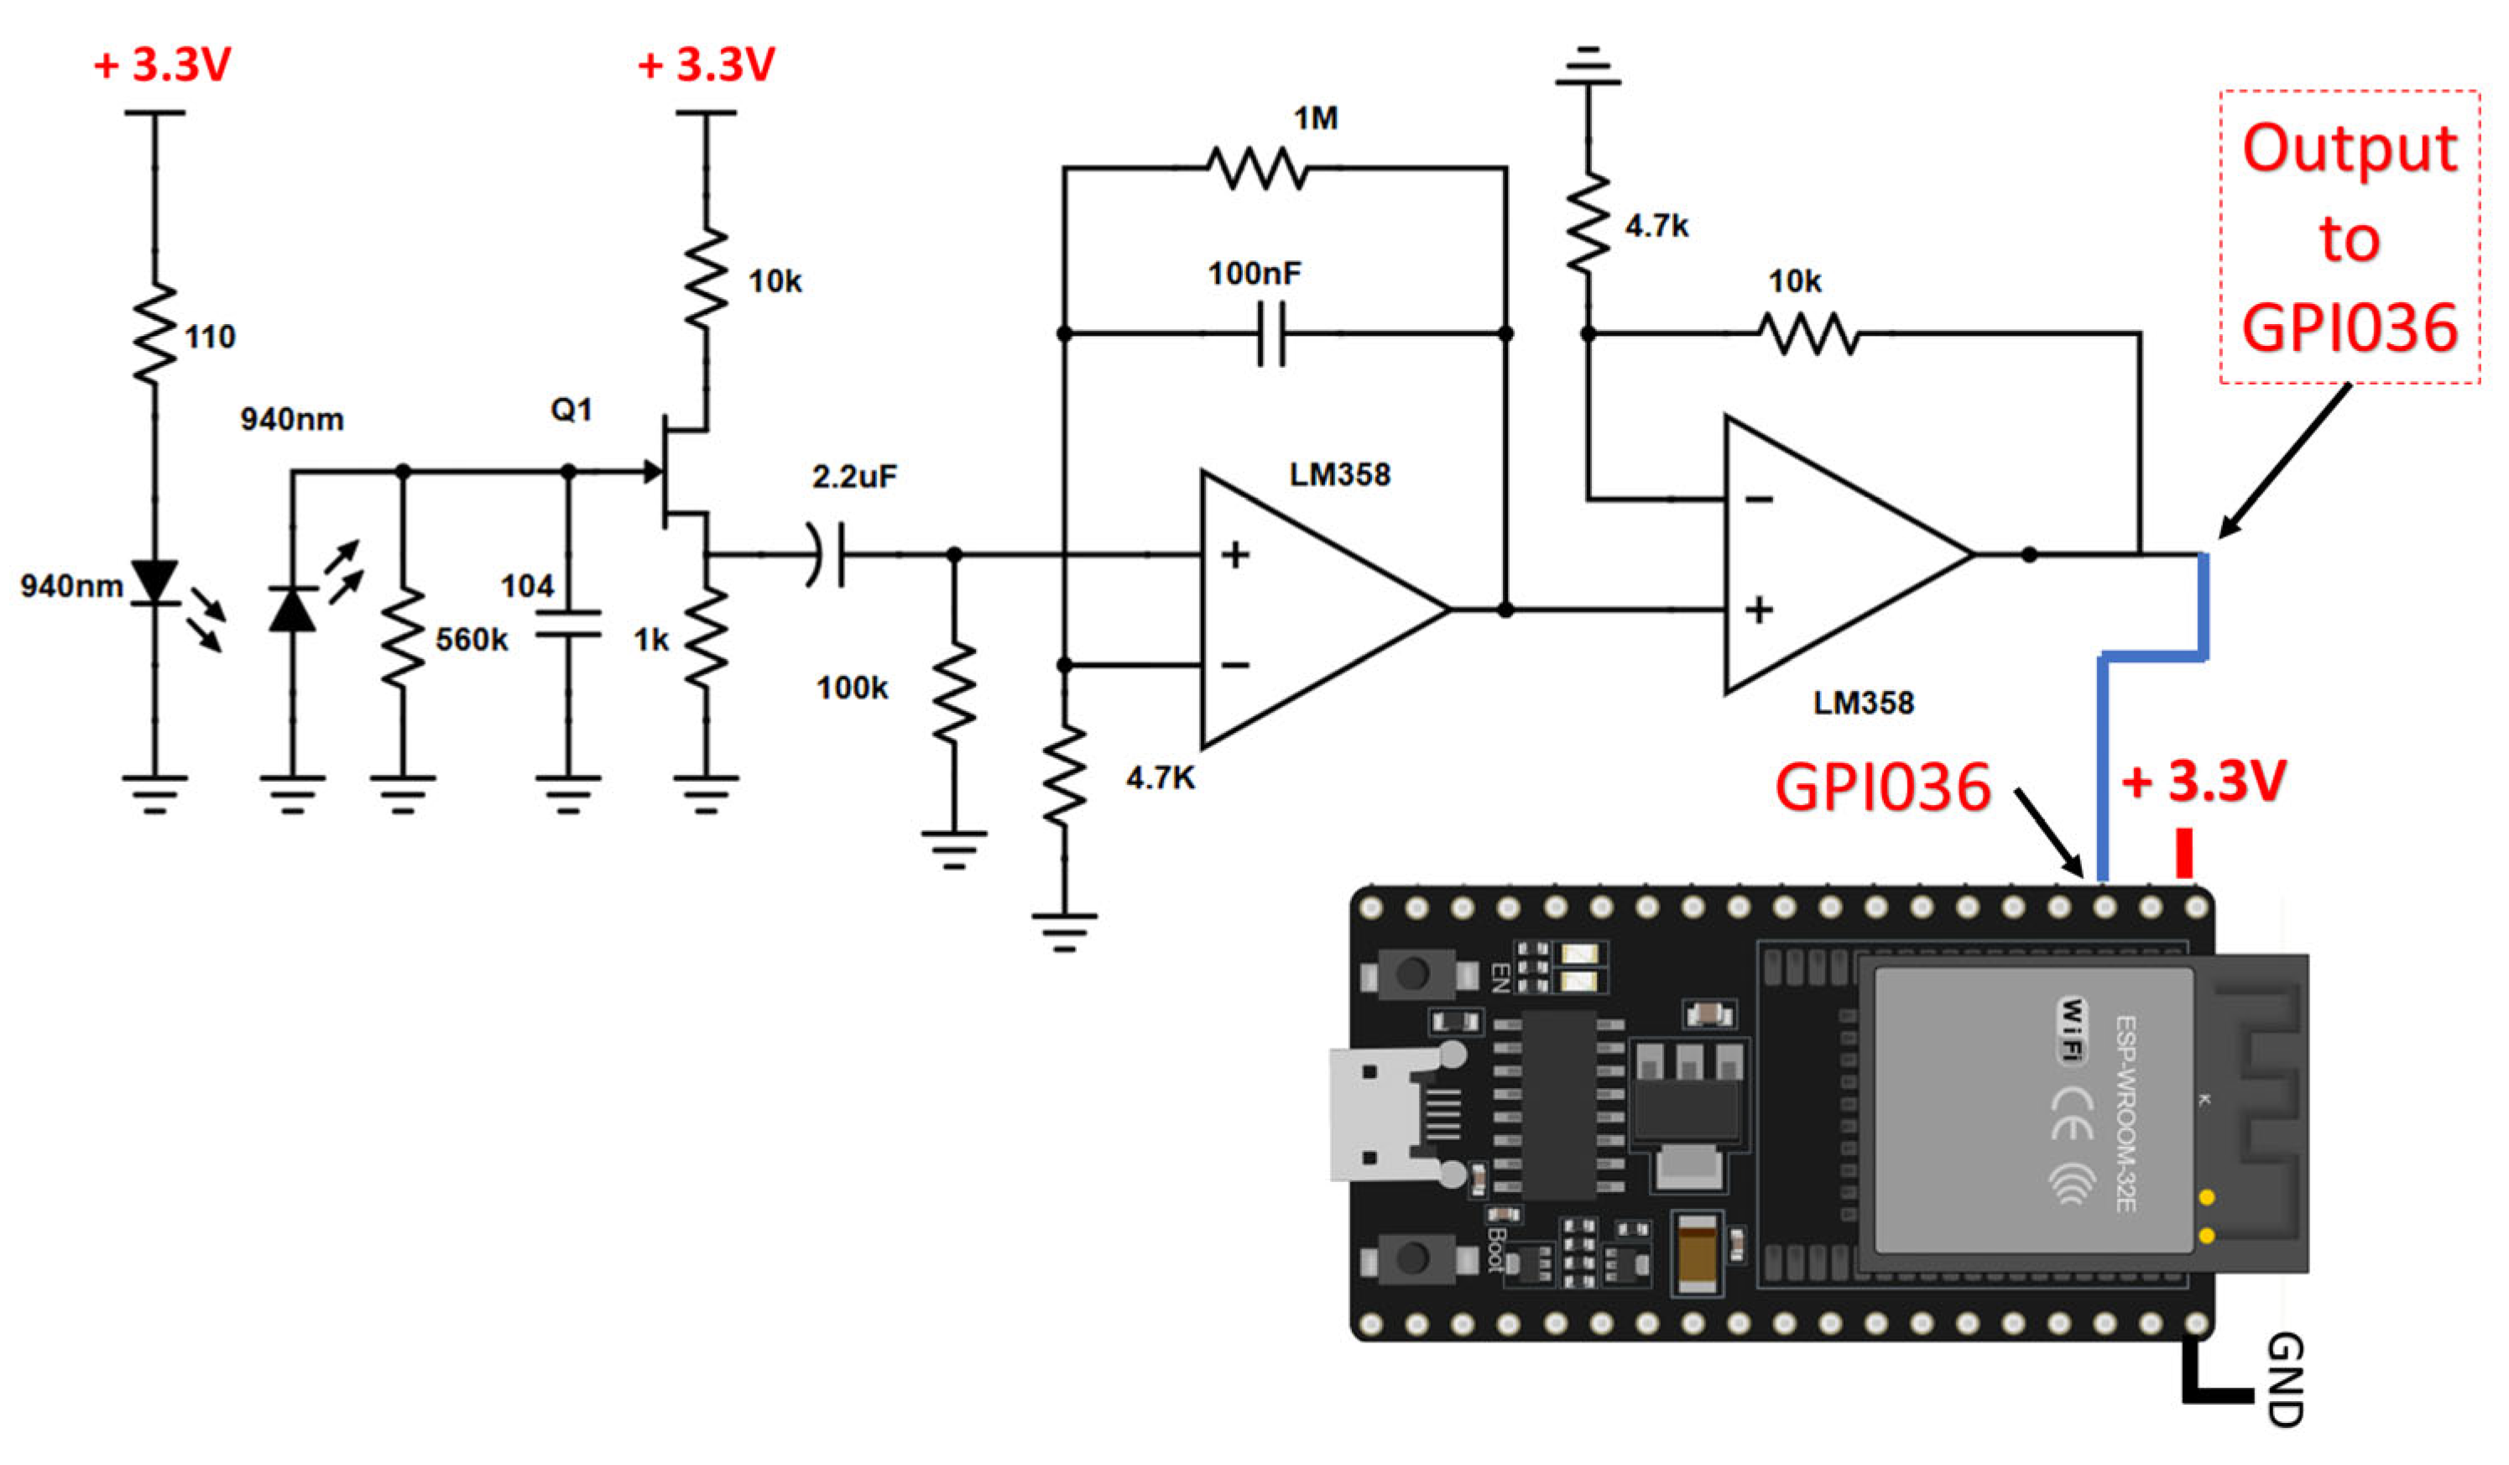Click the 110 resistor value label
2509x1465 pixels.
[x=210, y=337]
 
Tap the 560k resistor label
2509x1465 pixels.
[x=471, y=640]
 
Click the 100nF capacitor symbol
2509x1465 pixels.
[x=1271, y=333]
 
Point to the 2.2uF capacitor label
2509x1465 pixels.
[x=854, y=477]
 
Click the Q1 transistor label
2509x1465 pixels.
[x=571, y=410]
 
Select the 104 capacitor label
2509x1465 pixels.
[x=527, y=586]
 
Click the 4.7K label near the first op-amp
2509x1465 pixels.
[x=1160, y=777]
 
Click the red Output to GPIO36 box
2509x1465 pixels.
[x=2349, y=237]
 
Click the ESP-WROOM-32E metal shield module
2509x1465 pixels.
[x=2031, y=1111]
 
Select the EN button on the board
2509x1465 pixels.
[x=1413, y=973]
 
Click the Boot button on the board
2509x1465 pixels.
[x=1413, y=1258]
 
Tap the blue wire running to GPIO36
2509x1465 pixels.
[x=2103, y=767]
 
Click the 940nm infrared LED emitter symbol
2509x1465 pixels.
[x=155, y=583]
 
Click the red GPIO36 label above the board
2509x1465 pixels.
[x=1881, y=787]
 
